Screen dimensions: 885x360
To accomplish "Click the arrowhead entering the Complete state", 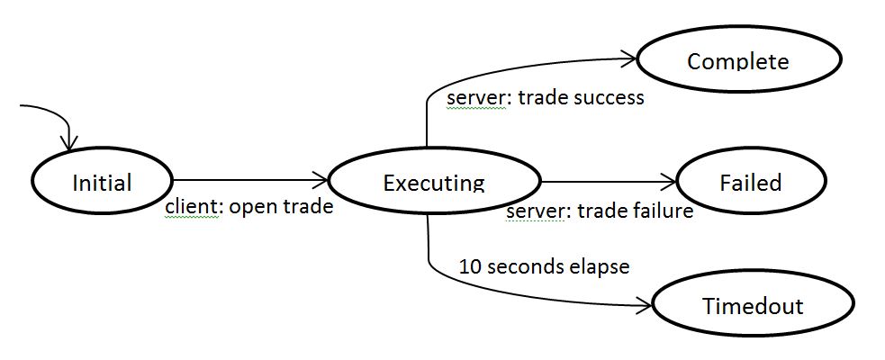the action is (630, 58).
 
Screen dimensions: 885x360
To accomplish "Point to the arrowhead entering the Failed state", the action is (669, 182).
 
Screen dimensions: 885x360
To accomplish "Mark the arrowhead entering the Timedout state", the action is (646, 306).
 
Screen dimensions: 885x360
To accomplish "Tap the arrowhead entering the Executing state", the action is (321, 181).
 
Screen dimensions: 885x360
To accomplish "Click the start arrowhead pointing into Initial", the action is (69, 143).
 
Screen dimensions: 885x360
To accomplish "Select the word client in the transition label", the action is (191, 206).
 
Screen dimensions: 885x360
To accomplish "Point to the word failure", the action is (660, 211).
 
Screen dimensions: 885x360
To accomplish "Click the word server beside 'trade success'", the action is (476, 97).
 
